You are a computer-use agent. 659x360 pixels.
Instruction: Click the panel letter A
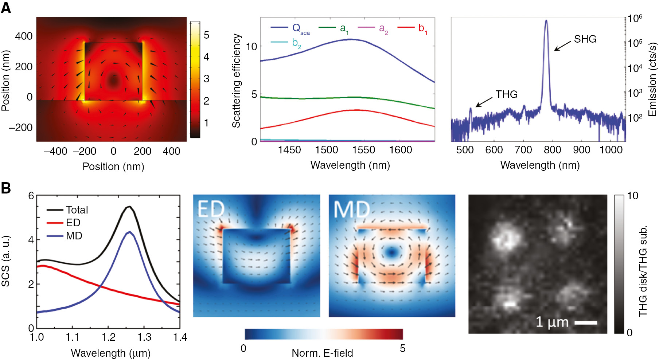[6, 7]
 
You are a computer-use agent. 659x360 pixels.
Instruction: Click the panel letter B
[6, 188]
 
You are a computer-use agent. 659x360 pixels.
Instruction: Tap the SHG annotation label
[585, 39]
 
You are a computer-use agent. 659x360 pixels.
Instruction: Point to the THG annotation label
[506, 94]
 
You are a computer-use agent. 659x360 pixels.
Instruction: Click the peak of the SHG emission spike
[546, 21]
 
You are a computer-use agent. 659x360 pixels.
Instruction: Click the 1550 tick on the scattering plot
[364, 150]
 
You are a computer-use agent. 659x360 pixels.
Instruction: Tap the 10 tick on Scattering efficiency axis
[251, 46]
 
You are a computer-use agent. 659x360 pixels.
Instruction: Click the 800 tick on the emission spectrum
[553, 150]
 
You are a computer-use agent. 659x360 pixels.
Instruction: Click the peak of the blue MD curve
[129, 231]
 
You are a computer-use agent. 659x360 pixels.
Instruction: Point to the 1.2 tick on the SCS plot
[108, 337]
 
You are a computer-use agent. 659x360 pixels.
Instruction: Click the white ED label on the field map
[211, 209]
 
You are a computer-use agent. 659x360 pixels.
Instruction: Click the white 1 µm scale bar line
[586, 322]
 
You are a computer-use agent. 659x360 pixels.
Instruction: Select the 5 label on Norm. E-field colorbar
[402, 348]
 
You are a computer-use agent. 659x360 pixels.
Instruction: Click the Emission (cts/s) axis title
[652, 79]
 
